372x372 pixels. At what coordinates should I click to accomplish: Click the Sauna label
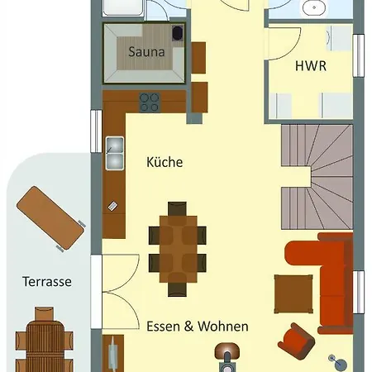pos(146,52)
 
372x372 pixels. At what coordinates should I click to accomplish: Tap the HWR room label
pos(311,66)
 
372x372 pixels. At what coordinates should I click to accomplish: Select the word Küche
pos(165,162)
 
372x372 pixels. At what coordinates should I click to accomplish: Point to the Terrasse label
pos(47,282)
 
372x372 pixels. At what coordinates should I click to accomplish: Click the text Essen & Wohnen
pos(198,327)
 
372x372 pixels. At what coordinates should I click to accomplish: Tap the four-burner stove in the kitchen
pos(150,103)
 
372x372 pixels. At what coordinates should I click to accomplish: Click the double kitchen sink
pos(115,153)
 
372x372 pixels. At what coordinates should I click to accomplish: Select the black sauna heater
pos(178,33)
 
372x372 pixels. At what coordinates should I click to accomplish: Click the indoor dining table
pos(178,250)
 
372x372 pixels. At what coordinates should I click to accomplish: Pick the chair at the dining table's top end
pos(177,208)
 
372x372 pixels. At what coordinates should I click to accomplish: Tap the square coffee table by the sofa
pos(293,294)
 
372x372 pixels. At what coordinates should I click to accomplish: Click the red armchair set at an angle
pos(296,341)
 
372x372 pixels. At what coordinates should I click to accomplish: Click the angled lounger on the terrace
pos(50,218)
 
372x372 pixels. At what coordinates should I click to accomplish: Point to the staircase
pos(317,177)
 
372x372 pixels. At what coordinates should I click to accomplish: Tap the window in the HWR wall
pos(359,55)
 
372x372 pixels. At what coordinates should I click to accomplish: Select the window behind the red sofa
pos(359,292)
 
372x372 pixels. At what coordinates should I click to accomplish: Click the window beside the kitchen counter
pos(97,131)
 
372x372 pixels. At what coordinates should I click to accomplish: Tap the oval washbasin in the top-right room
pos(313,8)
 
